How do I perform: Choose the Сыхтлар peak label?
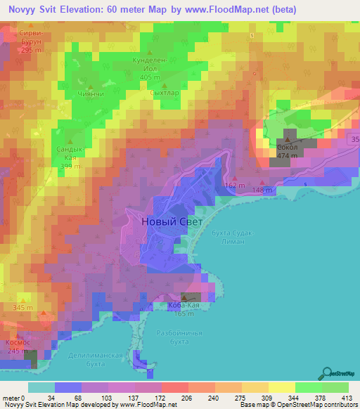145,92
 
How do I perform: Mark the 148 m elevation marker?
262,190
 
